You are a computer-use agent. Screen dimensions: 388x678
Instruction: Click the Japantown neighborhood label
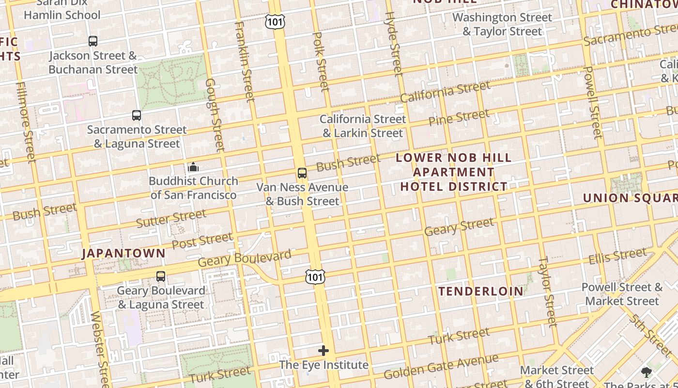123,253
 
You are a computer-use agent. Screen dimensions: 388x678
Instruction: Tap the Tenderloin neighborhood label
481,291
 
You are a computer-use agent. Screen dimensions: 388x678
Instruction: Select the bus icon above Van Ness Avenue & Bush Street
302,173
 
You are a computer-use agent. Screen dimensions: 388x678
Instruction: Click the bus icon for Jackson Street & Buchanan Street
93,41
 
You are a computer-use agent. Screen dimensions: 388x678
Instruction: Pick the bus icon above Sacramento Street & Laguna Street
137,115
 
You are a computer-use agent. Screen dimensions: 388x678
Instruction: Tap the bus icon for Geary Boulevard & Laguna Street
161,276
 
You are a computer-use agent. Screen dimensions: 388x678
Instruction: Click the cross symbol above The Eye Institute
324,351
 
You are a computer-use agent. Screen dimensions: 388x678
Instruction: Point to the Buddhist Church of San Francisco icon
193,167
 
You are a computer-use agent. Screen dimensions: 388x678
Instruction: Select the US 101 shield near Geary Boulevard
315,277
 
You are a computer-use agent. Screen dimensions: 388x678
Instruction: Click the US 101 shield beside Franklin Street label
275,21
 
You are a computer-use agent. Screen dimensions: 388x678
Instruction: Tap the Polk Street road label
321,62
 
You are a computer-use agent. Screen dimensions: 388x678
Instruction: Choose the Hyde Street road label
393,44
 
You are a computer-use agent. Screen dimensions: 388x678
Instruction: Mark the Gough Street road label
214,115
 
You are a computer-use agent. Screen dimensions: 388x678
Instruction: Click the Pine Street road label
459,118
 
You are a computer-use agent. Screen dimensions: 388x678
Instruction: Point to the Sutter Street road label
171,218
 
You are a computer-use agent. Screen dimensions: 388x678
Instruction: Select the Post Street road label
202,241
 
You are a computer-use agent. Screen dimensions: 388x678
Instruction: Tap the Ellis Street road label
617,256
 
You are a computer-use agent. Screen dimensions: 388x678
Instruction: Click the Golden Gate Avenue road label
441,367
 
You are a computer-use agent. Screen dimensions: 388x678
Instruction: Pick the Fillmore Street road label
26,122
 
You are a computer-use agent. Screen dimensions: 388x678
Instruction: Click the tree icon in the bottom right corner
646,372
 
